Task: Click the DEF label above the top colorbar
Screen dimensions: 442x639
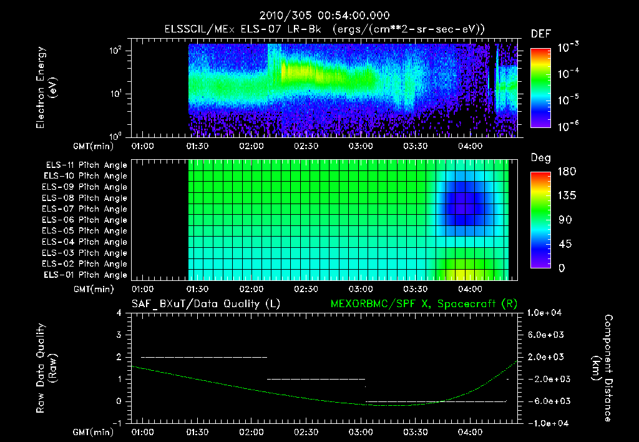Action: [x=540, y=34]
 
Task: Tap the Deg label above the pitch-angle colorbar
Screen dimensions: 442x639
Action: [x=540, y=158]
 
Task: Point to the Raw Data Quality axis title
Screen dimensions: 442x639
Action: [x=46, y=368]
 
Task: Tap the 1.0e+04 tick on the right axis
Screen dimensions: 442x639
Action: [x=546, y=313]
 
